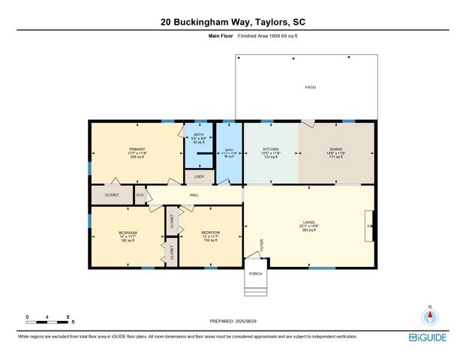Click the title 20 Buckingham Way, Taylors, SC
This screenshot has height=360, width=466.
233,22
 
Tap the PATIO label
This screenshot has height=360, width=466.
310,88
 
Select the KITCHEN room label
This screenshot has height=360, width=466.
271,149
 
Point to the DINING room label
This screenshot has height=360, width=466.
335,149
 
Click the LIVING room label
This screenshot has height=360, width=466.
308,222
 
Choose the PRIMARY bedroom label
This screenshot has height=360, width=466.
137,149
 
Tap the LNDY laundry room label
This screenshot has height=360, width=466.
199,177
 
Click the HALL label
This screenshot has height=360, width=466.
194,195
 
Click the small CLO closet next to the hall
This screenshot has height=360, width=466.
140,195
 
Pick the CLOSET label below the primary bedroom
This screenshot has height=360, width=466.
112,195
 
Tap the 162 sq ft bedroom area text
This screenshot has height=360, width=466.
127,241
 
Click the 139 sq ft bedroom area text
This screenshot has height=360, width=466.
209,241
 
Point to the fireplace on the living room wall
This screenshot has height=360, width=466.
368,226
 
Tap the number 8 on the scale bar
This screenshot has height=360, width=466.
68,317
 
